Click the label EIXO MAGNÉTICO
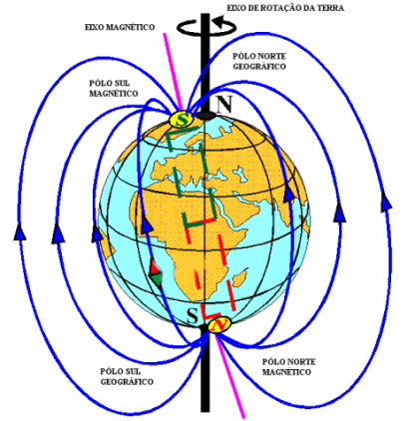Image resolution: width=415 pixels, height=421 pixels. pos(120,27)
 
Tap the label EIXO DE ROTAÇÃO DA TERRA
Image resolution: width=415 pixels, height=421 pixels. pos(285,8)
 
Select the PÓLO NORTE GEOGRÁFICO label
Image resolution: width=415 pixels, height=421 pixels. pos(259,61)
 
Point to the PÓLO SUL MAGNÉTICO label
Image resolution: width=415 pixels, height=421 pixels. pos(114,88)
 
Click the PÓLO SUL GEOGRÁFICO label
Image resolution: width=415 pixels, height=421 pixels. pos(127,376)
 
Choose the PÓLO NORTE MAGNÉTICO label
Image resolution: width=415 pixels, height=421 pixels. pos(288,367)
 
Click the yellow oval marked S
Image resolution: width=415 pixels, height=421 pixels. pos(182,120)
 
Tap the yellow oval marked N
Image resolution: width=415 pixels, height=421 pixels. pos(219,325)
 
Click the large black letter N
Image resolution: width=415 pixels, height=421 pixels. pos(224,104)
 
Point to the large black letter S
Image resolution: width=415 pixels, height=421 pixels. pos(193,315)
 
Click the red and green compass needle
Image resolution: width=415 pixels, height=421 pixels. pos(156,273)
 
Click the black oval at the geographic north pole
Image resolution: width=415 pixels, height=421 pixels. pos(207,116)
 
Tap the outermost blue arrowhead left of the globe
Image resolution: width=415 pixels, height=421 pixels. pos(20,231)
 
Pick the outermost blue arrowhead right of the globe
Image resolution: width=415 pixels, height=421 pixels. pos(386,203)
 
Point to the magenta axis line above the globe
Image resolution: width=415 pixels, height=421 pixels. pos(173,71)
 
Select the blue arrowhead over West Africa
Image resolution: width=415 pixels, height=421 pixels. pos(146,224)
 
